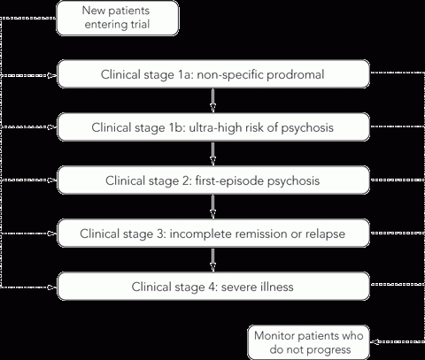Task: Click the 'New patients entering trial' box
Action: click(118, 18)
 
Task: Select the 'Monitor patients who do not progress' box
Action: click(309, 342)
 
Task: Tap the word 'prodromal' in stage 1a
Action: click(296, 74)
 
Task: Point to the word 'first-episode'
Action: click(229, 180)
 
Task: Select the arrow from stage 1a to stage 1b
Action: click(212, 100)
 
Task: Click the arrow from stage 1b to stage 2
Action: click(212, 153)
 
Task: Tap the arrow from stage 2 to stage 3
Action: click(212, 206)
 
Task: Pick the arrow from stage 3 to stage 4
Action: click(212, 259)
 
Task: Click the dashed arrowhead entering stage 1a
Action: click(52, 75)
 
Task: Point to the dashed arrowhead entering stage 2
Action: click(52, 180)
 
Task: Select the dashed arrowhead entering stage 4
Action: click(52, 287)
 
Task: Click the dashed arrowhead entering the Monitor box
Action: click(375, 341)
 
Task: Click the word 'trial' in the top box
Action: click(142, 24)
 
